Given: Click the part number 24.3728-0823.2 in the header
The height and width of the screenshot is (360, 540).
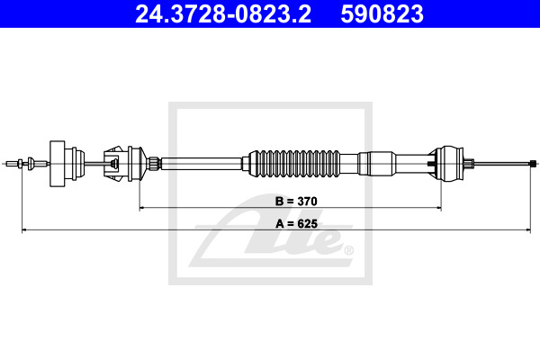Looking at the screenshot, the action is pyautogui.click(x=223, y=14).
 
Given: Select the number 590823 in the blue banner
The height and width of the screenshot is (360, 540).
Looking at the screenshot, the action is pyautogui.click(x=382, y=14).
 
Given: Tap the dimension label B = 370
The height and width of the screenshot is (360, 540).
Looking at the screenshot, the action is pyautogui.click(x=296, y=202).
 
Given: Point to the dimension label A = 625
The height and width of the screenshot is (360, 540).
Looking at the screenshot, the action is pyautogui.click(x=296, y=224).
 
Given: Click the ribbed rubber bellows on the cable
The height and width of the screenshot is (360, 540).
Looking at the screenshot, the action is pyautogui.click(x=294, y=164).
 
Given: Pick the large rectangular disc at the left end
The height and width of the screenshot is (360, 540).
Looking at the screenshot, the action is pyautogui.click(x=58, y=164).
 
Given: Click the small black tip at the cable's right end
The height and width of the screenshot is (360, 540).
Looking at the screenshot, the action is pyautogui.click(x=533, y=164).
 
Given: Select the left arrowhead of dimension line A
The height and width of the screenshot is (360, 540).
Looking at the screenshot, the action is pyautogui.click(x=24, y=230).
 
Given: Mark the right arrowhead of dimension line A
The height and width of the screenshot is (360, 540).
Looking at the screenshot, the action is pyautogui.click(x=528, y=230).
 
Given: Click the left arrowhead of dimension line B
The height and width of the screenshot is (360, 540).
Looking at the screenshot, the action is pyautogui.click(x=141, y=208).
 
